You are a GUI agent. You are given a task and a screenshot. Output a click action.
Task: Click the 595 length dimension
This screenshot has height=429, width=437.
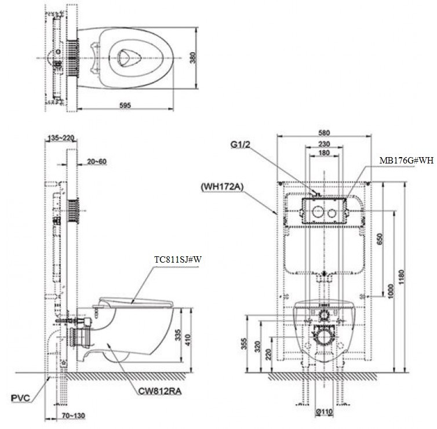[125, 105]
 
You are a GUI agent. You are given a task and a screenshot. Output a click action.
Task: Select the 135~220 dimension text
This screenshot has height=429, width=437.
[61, 139]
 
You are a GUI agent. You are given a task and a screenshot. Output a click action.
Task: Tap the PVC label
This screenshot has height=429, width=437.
[20, 398]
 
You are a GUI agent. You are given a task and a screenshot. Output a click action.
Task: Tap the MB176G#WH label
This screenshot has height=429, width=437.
[406, 160]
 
